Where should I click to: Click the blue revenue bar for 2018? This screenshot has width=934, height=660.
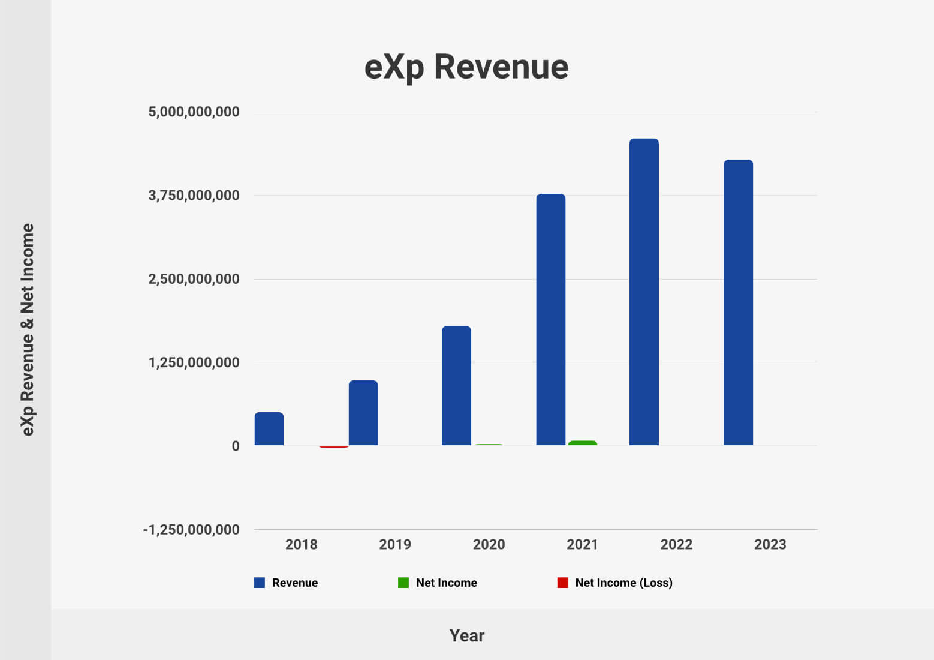point(269,428)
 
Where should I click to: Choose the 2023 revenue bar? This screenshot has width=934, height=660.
point(738,302)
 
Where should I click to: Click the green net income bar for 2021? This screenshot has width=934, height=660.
point(583,443)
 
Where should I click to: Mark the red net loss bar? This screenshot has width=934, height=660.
point(334,446)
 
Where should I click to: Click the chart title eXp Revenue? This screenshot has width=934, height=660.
point(466,67)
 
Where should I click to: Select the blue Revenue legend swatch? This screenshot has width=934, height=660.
point(260,583)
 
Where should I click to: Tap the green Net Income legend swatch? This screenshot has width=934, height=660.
point(403,583)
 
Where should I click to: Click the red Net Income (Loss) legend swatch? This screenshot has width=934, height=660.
point(562,583)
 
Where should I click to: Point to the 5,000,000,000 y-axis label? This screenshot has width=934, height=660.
point(194,112)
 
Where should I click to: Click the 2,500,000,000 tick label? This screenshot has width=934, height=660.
point(194,279)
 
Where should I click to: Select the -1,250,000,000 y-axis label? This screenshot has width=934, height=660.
point(191,530)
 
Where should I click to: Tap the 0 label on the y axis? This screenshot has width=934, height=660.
point(236,446)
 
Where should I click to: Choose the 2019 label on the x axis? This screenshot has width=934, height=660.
point(395,544)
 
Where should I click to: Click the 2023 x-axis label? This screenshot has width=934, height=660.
point(770,544)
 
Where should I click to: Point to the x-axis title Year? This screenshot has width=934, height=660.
point(467,635)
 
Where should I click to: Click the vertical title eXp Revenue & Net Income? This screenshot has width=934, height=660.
point(28,329)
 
